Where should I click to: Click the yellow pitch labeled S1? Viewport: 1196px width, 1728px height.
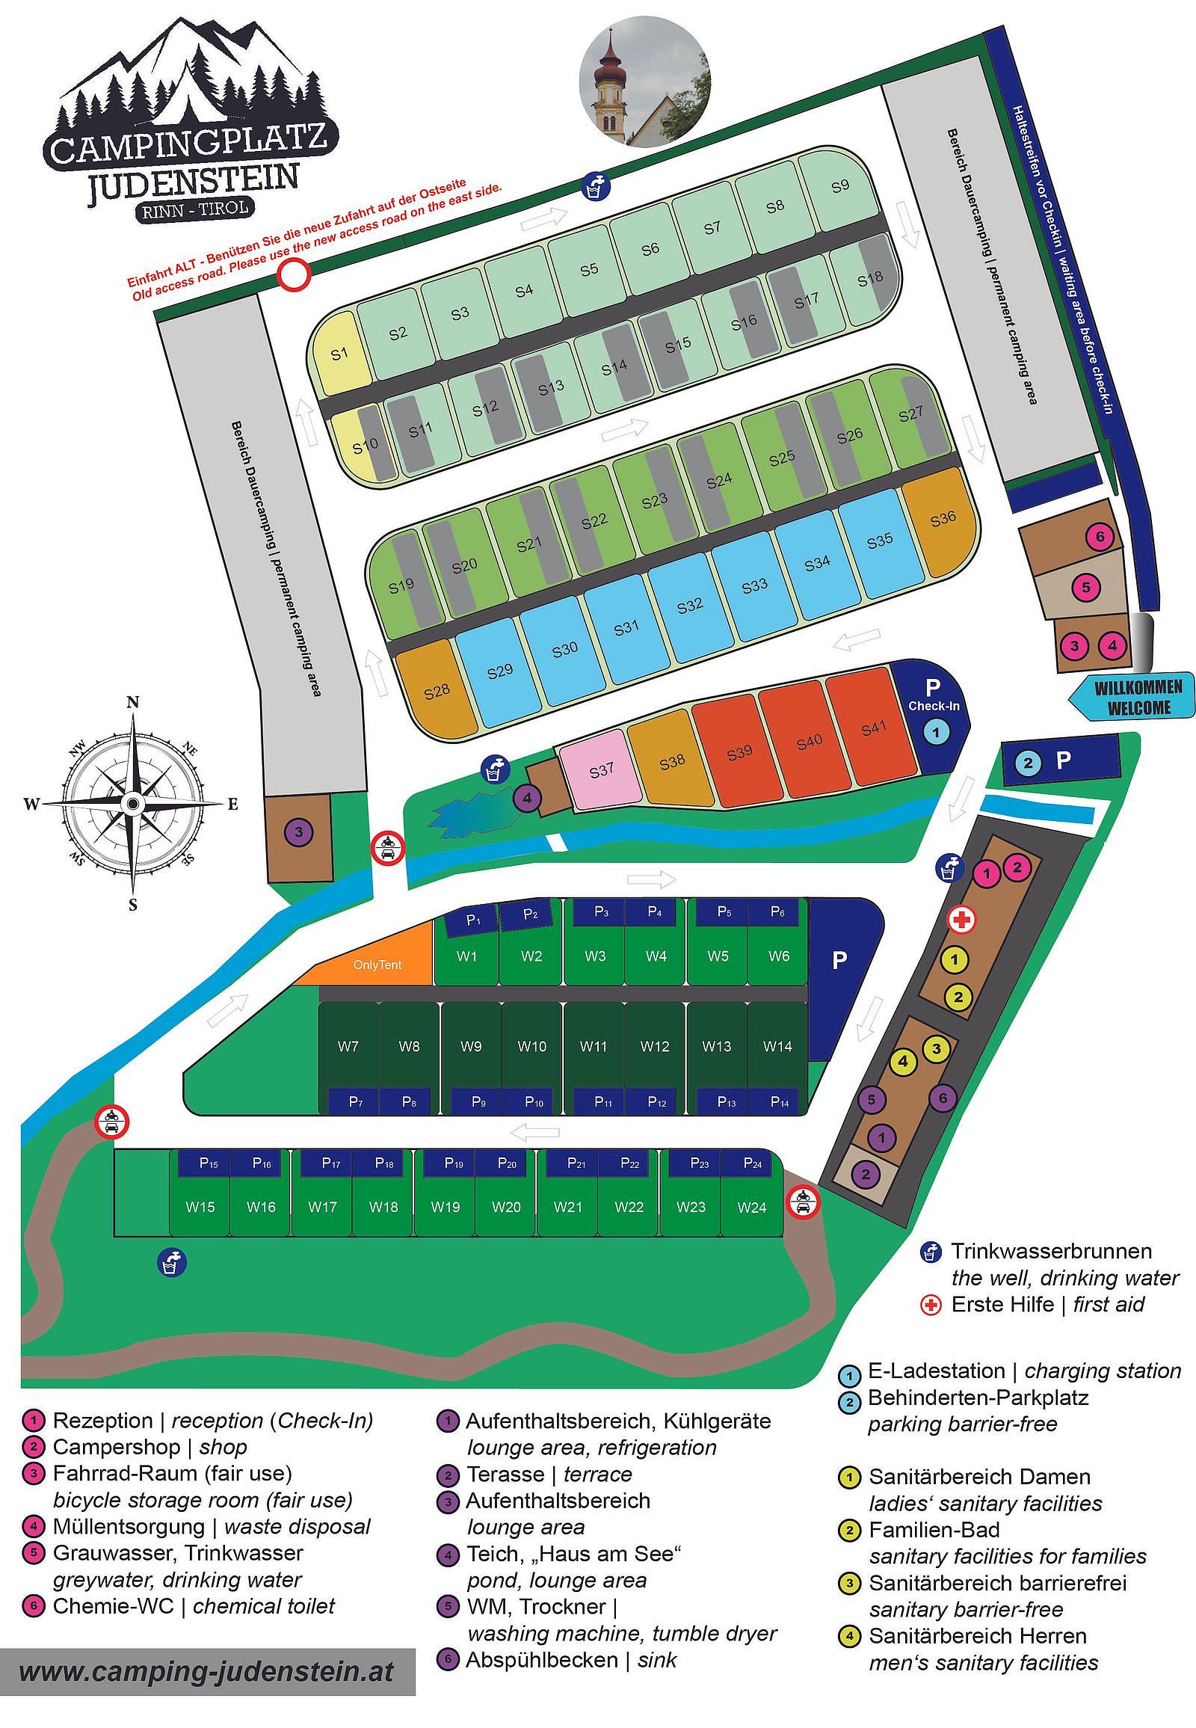click(x=340, y=353)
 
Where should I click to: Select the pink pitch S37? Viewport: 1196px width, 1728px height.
click(x=602, y=770)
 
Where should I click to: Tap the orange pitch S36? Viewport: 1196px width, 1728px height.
click(x=943, y=520)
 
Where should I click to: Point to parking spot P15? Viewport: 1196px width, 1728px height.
click(x=209, y=1163)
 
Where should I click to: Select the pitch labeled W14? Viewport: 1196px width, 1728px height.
click(x=777, y=1046)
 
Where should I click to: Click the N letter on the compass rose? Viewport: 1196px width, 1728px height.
click(x=133, y=701)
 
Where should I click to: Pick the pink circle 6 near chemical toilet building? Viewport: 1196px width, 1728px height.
click(x=1100, y=537)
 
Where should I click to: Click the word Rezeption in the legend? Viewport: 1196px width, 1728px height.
click(x=102, y=1421)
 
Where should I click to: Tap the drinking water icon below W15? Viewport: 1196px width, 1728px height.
click(x=172, y=1263)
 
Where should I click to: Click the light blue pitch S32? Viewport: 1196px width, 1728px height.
click(x=689, y=605)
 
